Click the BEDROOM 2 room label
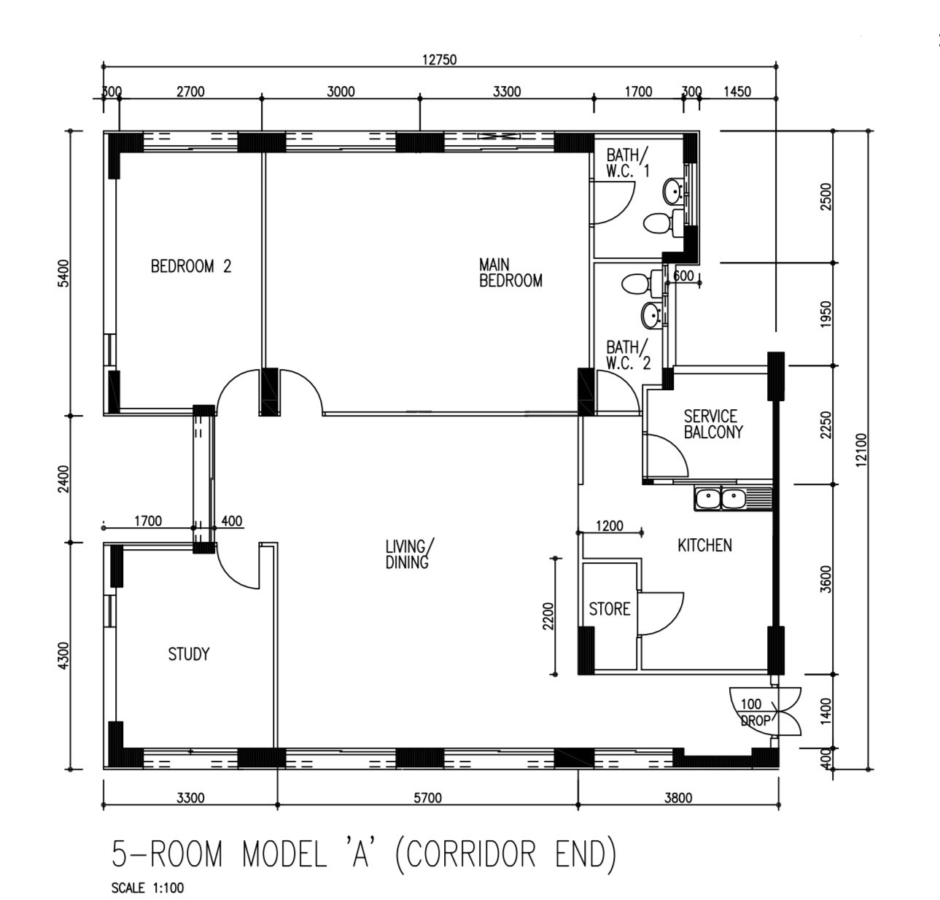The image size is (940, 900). coord(190,266)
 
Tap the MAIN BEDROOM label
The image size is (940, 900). coord(510,273)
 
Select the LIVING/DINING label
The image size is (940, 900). coord(408,554)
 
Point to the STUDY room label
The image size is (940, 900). coord(188,654)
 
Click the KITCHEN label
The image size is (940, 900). coord(704,546)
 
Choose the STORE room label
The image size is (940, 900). coord(609,609)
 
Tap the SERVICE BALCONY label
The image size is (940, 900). coord(712,424)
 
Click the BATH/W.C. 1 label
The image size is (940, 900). coord(626,163)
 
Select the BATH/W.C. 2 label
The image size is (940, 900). coord(626,356)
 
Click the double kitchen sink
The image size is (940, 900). coord(720,499)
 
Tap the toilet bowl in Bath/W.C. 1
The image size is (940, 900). coord(659,222)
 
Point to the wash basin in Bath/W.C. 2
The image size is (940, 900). coord(650,316)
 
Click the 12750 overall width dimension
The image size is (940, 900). coord(439,60)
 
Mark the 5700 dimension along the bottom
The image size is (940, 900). coord(427,798)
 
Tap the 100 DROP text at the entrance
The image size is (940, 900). coord(753,713)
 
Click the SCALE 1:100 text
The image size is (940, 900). coord(147,888)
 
